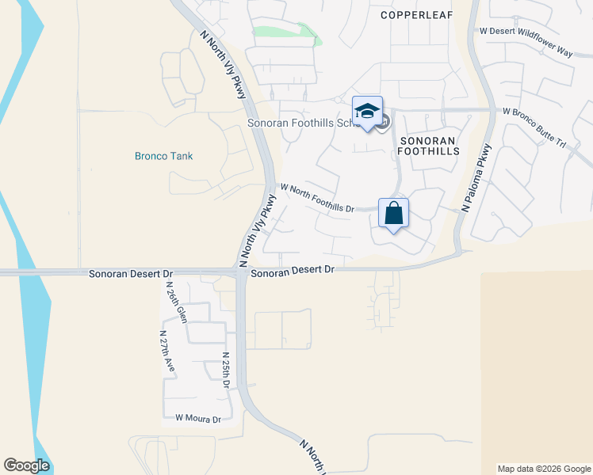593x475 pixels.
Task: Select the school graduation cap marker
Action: (367, 112)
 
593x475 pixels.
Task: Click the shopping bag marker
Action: (393, 213)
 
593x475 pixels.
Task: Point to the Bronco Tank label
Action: (163, 156)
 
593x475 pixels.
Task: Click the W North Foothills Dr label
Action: (317, 198)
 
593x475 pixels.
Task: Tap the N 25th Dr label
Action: (226, 370)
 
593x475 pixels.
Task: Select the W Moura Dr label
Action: (197, 418)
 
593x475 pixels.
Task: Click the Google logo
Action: (26, 465)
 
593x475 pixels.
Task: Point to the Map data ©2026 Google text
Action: (543, 469)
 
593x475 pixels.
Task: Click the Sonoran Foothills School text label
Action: (301, 123)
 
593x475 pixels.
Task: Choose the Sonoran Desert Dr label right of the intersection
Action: (293, 271)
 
